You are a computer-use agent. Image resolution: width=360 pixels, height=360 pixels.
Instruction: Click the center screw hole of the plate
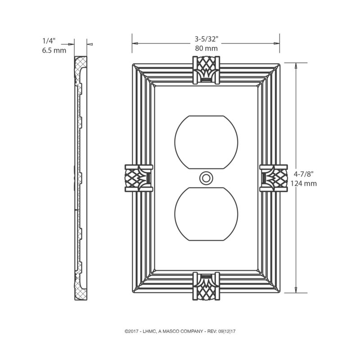coord(206,178)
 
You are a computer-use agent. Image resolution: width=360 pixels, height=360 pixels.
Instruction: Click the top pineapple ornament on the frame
coord(206,69)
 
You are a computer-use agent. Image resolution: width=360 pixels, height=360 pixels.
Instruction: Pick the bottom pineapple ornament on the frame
coord(206,286)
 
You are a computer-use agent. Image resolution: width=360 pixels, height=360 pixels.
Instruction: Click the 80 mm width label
coord(206,47)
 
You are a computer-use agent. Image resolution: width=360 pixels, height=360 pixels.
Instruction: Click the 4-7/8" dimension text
coord(305,174)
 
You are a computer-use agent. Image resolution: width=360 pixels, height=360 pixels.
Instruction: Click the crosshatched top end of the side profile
coord(81,63)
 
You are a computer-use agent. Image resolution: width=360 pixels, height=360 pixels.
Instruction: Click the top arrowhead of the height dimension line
coord(295,66)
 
